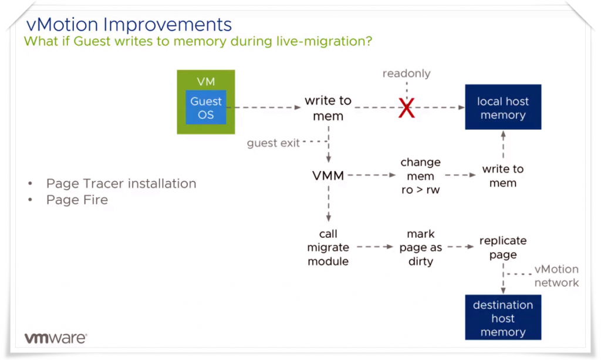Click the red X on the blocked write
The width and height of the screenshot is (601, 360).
pos(406,107)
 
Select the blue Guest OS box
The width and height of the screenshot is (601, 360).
pos(206,107)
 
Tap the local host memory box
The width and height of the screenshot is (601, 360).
pos(503,107)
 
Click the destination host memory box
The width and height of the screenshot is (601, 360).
pos(503,318)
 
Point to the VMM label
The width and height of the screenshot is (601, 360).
pos(328,176)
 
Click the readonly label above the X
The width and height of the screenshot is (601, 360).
pos(406,73)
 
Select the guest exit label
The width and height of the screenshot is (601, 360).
pos(273,143)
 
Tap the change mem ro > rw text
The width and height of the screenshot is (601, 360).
pos(420,176)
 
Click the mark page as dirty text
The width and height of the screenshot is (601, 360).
pos(420,248)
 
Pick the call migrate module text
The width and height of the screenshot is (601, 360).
pos(328,248)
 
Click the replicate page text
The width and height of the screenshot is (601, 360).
pos(503,248)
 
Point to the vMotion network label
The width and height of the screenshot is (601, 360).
pos(556,276)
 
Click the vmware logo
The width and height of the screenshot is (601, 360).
pos(56,338)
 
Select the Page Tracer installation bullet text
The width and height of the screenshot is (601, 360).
pos(121,184)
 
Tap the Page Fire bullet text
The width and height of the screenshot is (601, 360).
pos(77,200)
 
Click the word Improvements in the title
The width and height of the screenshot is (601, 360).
pos(167,25)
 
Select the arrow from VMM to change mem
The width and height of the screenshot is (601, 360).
pos(372,175)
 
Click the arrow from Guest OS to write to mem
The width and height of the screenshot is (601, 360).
pos(268,107)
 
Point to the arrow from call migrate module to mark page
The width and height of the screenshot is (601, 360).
pos(375,247)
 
